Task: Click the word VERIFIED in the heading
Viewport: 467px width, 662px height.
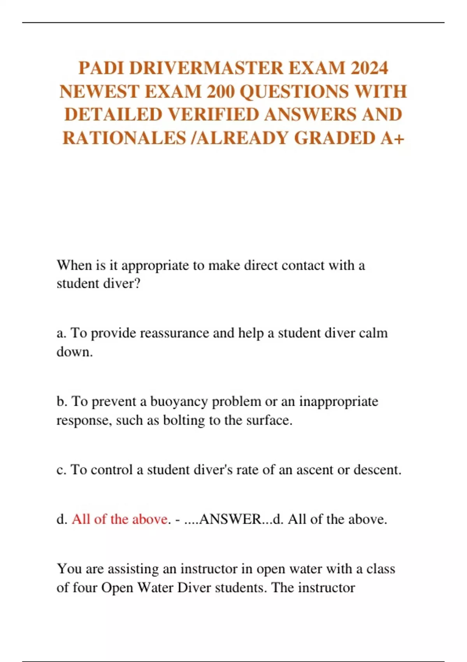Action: point(214,115)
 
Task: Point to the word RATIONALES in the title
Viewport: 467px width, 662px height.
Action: point(124,138)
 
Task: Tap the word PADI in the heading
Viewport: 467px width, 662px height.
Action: point(101,68)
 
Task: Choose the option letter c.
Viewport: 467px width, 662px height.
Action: point(61,470)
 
